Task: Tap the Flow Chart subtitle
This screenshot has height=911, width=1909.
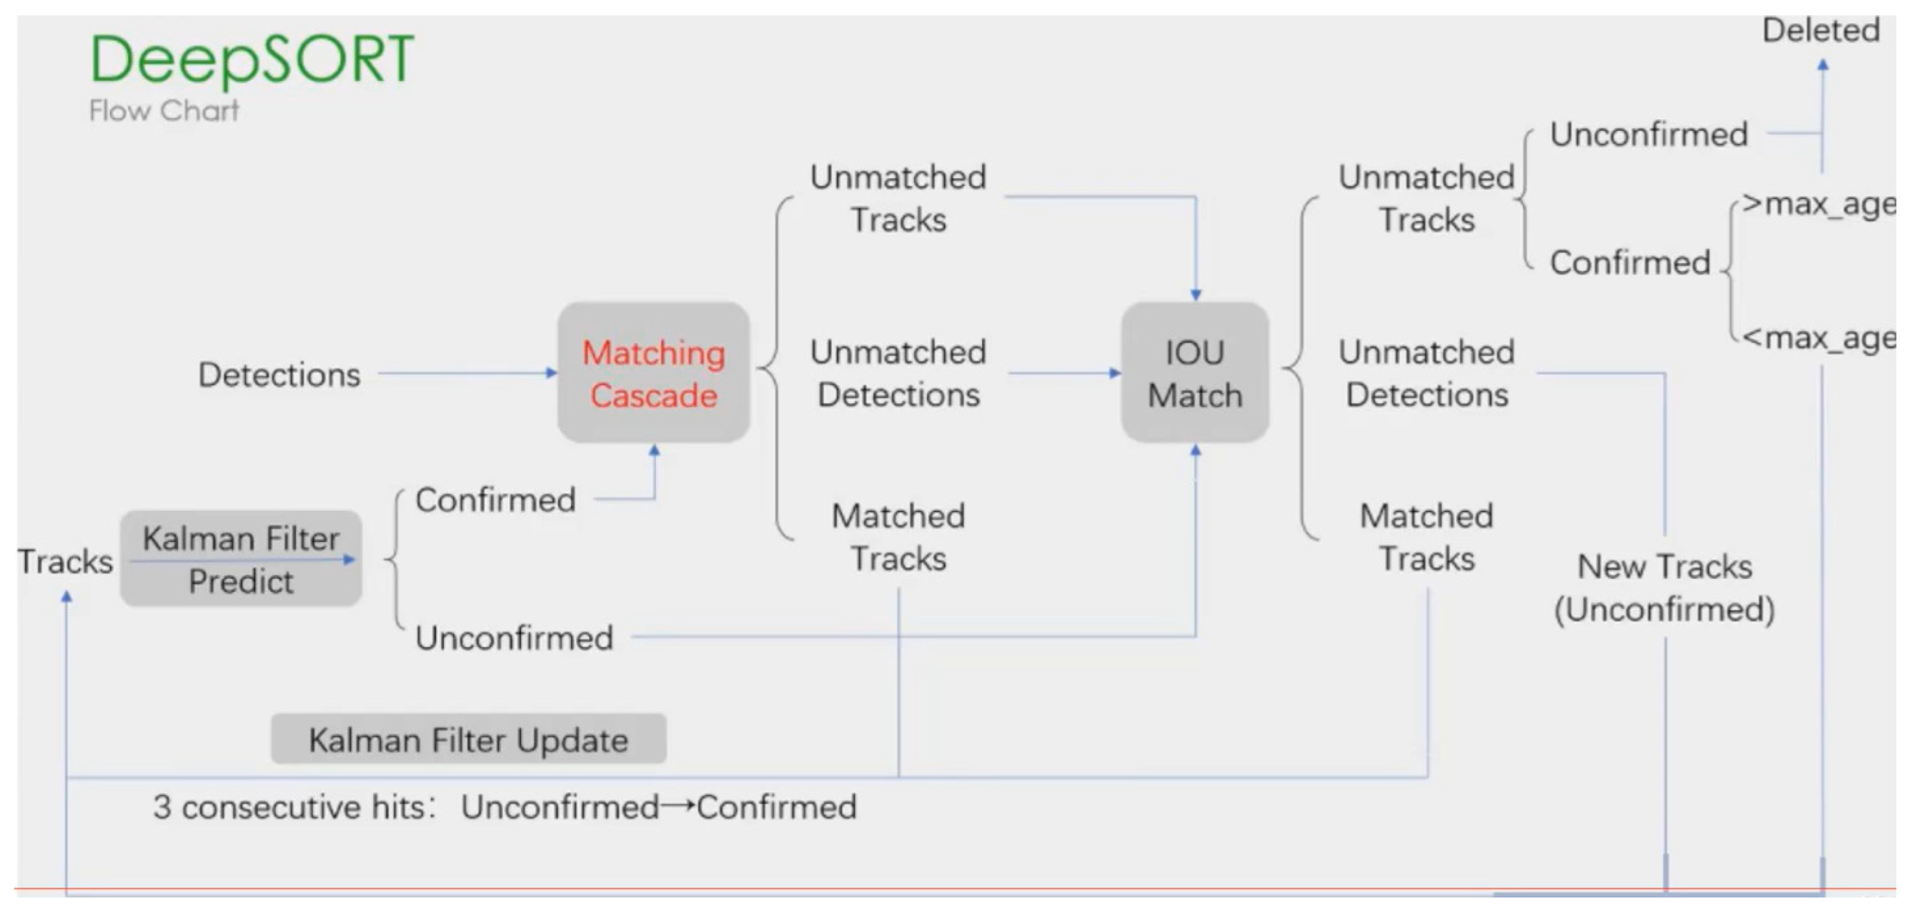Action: point(164,111)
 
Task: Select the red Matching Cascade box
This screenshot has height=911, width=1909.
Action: point(653,372)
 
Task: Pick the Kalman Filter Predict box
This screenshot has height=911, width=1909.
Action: point(241,559)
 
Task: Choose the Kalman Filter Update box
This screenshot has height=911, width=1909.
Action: point(469,739)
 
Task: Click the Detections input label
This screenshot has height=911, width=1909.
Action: point(280,375)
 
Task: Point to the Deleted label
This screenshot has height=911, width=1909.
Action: point(1820,31)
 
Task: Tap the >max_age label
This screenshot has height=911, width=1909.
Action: point(1817,204)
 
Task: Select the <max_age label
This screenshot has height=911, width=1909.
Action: point(1817,338)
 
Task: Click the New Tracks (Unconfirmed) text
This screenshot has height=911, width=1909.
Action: point(1663,588)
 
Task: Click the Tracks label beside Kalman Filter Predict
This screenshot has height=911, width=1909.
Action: point(65,561)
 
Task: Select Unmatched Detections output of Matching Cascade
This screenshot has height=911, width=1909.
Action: point(898,373)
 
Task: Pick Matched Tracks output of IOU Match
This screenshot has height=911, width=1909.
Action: point(1426,537)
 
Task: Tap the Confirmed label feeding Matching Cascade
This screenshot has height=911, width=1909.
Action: point(495,500)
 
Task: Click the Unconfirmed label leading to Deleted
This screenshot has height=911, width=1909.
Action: point(1648,135)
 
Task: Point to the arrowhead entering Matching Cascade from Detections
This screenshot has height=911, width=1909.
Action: point(551,372)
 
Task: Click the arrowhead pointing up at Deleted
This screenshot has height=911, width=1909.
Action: point(1822,65)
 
